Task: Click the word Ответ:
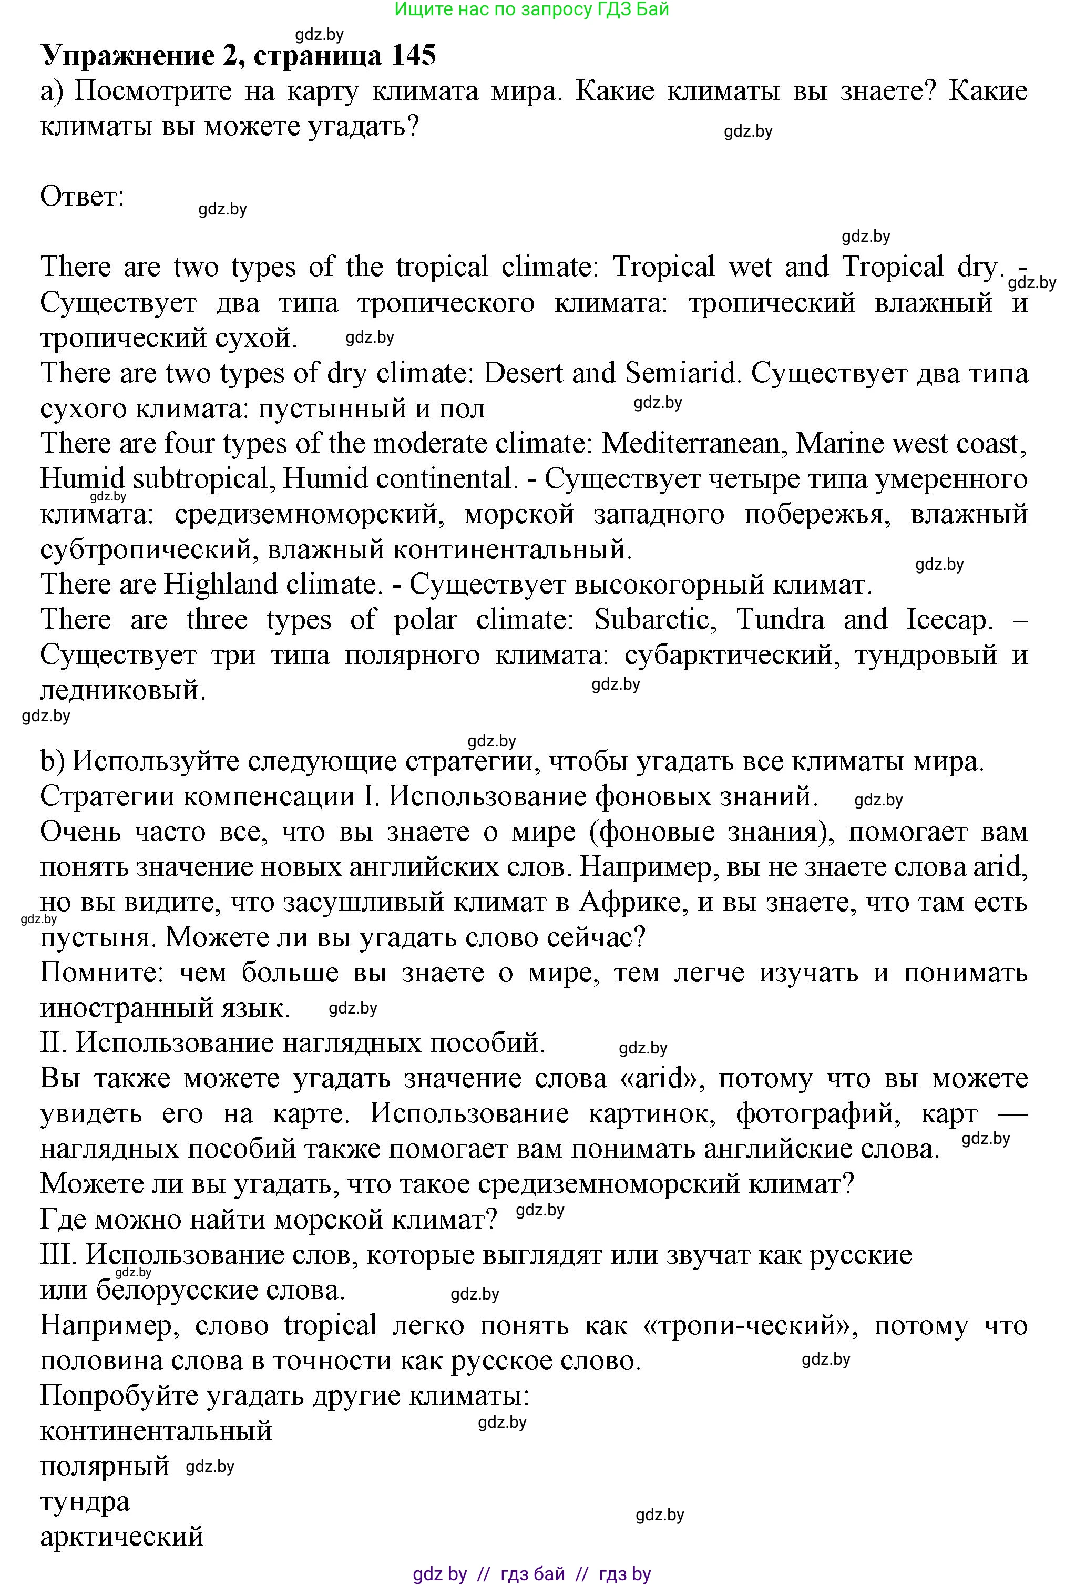(x=82, y=197)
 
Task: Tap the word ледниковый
(x=122, y=691)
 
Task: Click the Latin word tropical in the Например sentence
(x=330, y=1325)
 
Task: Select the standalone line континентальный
(x=156, y=1431)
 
